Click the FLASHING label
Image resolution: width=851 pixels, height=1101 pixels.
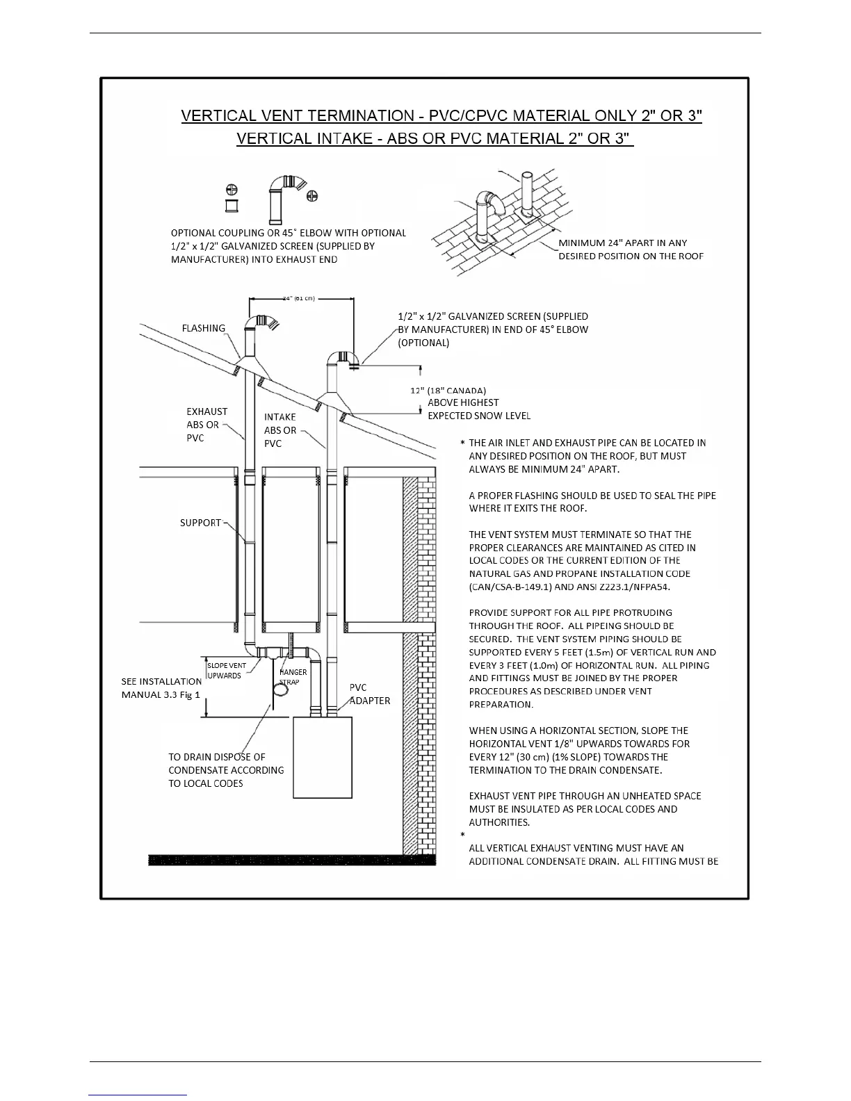point(203,328)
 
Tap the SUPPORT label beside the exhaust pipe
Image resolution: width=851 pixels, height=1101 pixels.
point(200,523)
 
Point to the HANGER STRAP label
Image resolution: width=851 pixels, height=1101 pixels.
point(293,677)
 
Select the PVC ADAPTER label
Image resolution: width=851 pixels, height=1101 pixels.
point(369,694)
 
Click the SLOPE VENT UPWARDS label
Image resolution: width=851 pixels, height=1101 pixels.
point(227,671)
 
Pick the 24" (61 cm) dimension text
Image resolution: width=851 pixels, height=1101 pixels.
point(299,298)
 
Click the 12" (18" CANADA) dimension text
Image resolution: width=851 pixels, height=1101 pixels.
point(448,390)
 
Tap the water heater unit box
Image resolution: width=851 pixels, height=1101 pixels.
point(322,758)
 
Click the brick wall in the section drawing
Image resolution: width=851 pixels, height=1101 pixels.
point(419,660)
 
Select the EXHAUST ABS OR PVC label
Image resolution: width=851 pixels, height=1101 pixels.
point(206,424)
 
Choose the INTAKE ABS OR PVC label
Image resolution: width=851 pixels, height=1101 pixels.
point(280,430)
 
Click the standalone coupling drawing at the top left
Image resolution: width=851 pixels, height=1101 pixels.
point(232,206)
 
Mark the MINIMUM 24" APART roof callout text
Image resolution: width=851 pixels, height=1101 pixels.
point(631,250)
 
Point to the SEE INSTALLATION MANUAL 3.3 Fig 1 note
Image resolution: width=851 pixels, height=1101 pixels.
point(161,688)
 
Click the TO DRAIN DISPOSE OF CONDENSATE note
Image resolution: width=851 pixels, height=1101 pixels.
point(226,770)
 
